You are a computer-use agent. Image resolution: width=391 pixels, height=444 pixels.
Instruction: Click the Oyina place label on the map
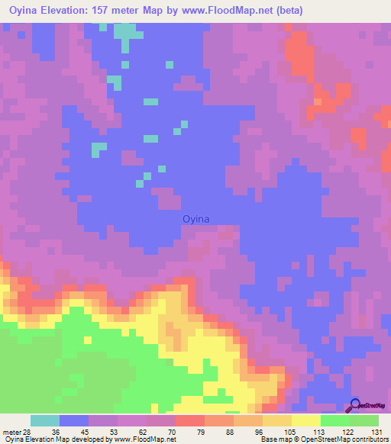click(195, 219)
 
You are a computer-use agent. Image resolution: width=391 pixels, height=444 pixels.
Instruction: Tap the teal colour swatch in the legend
click(45, 420)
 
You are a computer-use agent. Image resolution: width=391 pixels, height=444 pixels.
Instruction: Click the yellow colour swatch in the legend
click(305, 420)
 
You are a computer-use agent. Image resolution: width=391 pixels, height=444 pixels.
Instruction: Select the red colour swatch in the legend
click(190, 420)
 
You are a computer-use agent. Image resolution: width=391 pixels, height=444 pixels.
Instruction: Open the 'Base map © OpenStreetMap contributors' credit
click(325, 439)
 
